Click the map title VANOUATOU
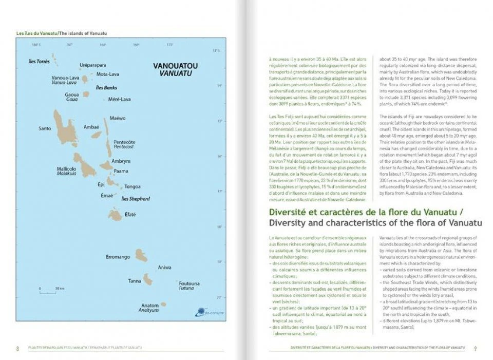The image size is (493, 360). [176, 66]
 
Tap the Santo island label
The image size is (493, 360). [45, 128]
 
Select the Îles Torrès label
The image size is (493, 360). [39, 61]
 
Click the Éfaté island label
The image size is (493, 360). [130, 215]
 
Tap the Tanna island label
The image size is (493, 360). [135, 281]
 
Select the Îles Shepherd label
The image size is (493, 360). [135, 199]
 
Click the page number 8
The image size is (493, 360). [18, 349]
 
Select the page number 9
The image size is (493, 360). [475, 349]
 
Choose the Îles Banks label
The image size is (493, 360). [106, 88]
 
